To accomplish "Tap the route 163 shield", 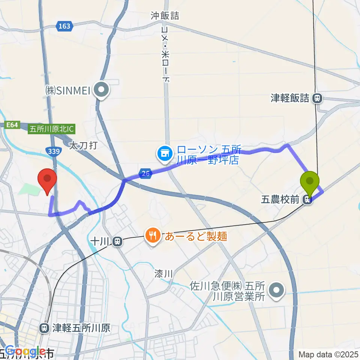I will click(64, 26).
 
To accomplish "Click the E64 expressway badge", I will click(12, 125).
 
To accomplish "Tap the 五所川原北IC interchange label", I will click(52, 129).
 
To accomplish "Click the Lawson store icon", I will click(164, 153).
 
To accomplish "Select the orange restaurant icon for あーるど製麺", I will click(153, 236).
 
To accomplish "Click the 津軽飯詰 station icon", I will click(317, 99).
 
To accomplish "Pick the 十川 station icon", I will click(117, 242).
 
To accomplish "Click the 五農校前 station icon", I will click(308, 200).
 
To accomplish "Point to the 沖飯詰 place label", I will click(165, 16).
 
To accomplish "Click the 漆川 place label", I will click(163, 274).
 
